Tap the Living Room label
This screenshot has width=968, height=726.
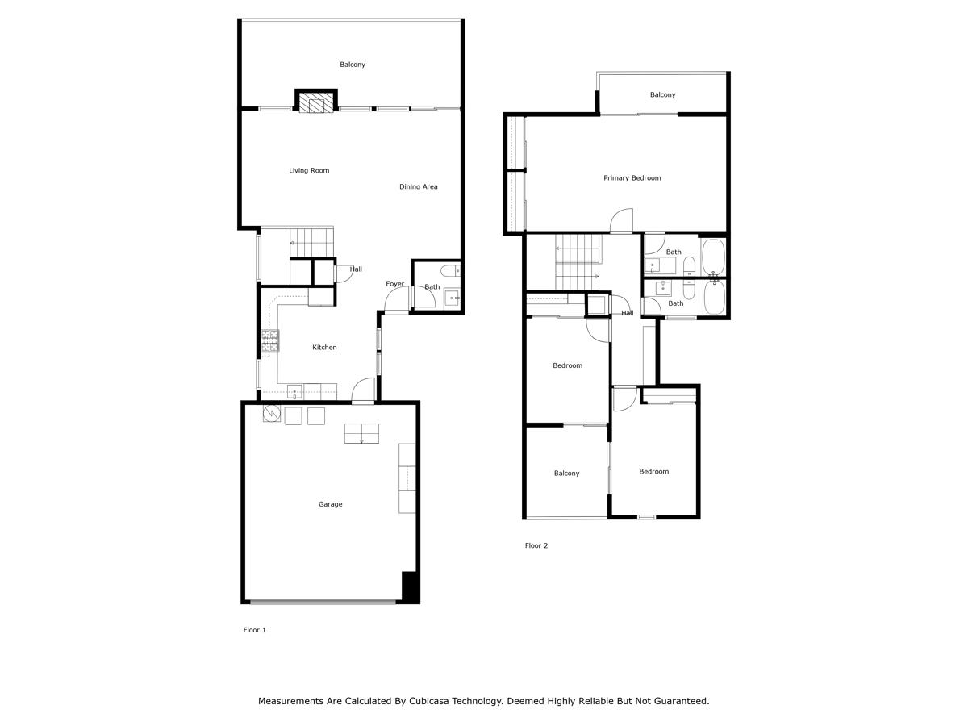point(309,171)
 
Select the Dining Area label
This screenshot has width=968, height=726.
point(418,187)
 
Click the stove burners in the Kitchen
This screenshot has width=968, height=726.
point(270,341)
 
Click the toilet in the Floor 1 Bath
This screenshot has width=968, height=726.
point(452,270)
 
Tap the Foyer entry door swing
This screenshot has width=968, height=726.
point(397,300)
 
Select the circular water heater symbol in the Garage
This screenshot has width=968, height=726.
point(272,415)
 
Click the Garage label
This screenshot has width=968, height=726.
point(330,504)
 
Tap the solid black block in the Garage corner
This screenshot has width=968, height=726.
point(410,586)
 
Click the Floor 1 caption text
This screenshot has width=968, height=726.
point(254,630)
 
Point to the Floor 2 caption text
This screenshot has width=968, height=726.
point(536,546)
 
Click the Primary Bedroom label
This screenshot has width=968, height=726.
point(632,178)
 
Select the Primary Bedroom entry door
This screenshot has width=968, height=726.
point(621,222)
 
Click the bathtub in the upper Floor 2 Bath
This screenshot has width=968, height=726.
point(713,257)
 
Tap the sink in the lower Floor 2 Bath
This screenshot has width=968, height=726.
point(663,288)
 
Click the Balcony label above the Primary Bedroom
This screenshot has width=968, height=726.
point(662,95)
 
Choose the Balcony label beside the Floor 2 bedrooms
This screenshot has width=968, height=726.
point(566,474)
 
